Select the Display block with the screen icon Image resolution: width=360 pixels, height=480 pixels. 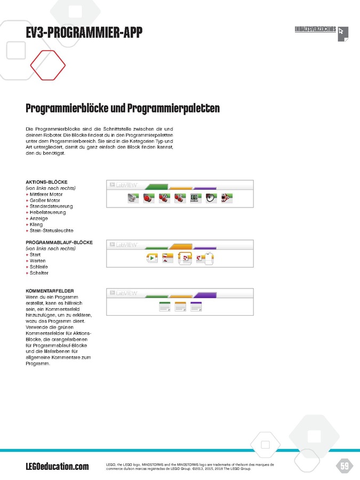[x=196, y=198]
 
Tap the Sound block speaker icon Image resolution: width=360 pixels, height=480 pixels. [x=212, y=198]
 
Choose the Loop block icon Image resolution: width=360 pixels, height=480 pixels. [x=185, y=259]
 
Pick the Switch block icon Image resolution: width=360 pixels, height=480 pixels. [x=205, y=259]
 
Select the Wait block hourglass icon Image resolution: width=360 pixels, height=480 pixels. [x=168, y=259]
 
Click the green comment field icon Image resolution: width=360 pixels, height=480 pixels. [x=165, y=307]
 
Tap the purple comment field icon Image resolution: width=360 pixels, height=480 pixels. [x=196, y=307]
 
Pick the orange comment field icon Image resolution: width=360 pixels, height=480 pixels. [x=181, y=307]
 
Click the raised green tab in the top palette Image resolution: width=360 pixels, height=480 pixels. [x=156, y=186]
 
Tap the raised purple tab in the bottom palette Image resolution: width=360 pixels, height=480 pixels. [x=205, y=294]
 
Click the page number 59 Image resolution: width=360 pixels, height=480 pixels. [x=345, y=467]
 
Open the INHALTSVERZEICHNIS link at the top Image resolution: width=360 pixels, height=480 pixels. [x=315, y=29]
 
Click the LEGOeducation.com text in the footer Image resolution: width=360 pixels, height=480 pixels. [x=57, y=467]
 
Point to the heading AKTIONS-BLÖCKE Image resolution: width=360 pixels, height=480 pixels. [x=46, y=182]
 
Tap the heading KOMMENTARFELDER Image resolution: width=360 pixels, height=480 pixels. [x=50, y=291]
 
